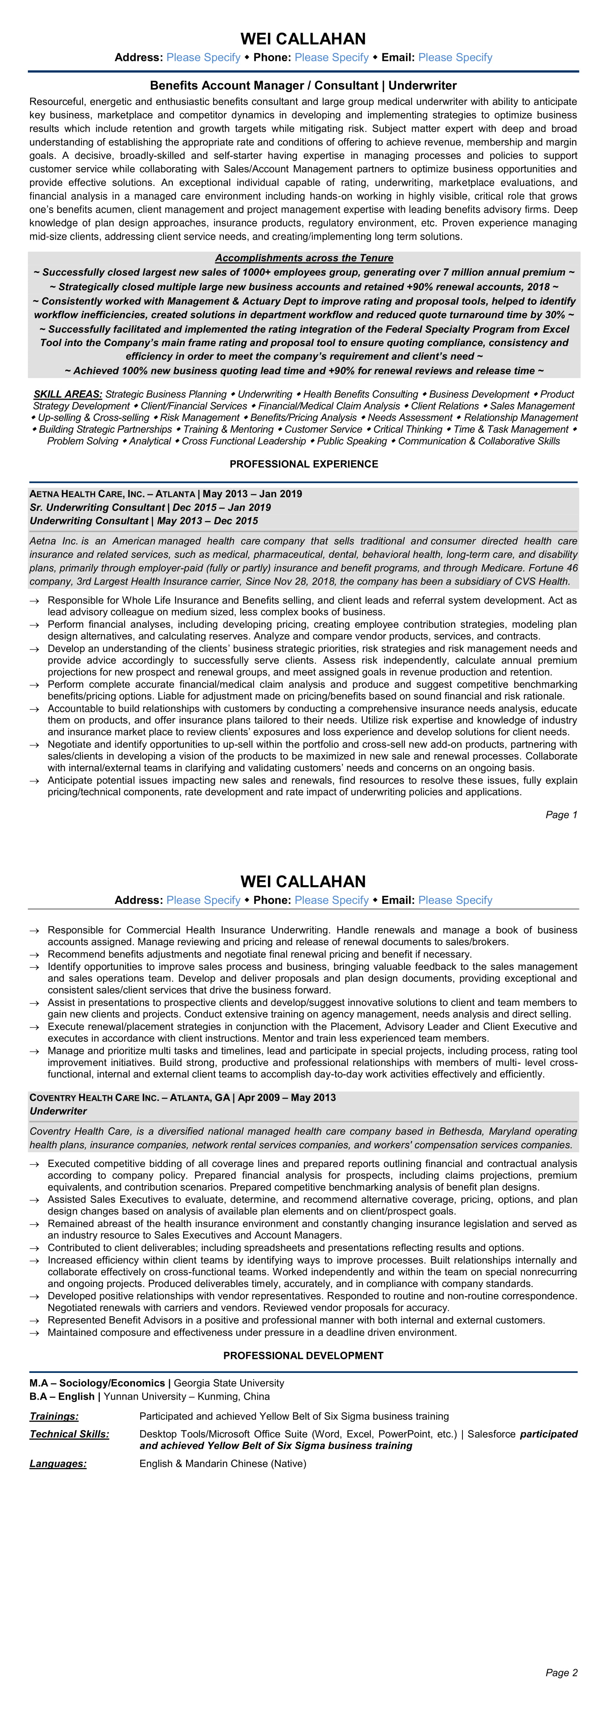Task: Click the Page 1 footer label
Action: coord(561,815)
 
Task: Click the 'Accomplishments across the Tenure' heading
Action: coord(304,258)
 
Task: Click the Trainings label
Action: coord(54,1416)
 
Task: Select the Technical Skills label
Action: coord(69,1434)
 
